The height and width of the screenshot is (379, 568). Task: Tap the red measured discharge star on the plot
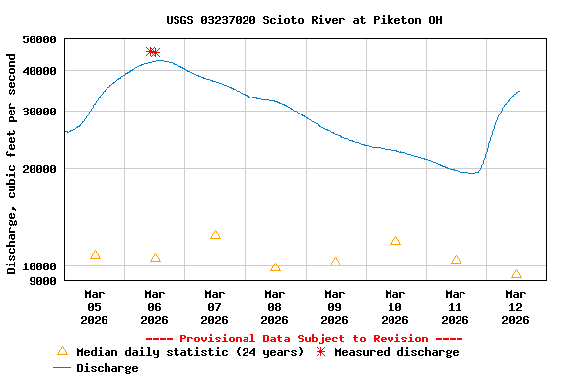coord(152,52)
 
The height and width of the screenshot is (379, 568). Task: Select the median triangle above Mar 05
coord(95,255)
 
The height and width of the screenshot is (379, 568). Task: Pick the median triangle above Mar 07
coord(215,235)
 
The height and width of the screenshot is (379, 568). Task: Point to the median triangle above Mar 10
coord(395,241)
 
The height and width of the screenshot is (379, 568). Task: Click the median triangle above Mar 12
coord(516,274)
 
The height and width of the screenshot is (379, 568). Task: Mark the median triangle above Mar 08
coord(275,267)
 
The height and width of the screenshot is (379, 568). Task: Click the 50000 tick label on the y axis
coord(40,40)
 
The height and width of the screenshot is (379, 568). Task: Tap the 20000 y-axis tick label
coord(40,169)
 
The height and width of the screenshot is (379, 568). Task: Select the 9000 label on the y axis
coord(43,281)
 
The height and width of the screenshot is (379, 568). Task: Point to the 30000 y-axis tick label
coord(40,112)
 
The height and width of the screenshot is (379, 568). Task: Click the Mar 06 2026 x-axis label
coord(154,307)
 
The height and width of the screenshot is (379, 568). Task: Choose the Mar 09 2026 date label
coord(334,307)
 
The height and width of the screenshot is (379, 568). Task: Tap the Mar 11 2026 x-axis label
coord(455,307)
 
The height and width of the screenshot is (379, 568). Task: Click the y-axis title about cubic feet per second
coord(12,164)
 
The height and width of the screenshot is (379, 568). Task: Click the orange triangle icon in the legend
coord(63,351)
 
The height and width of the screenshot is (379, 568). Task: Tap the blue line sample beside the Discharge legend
coord(63,368)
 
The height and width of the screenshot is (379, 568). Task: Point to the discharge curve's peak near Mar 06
coord(158,60)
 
